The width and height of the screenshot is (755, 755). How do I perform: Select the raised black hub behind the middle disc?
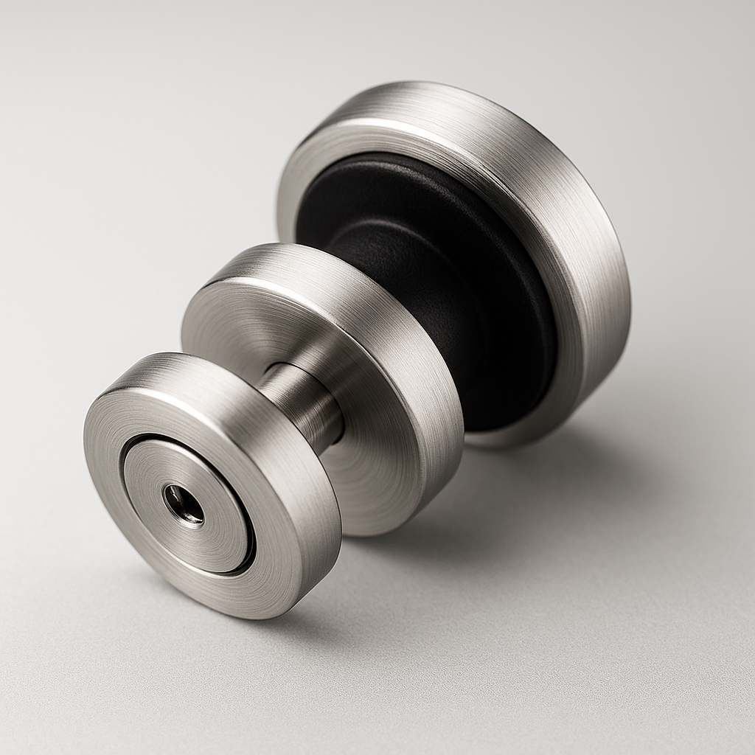pos(413,265)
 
